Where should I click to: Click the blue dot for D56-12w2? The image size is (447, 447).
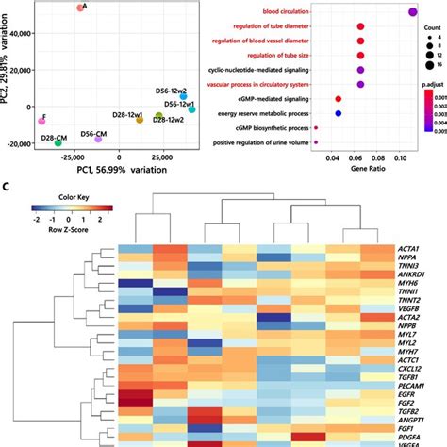(184, 96)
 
